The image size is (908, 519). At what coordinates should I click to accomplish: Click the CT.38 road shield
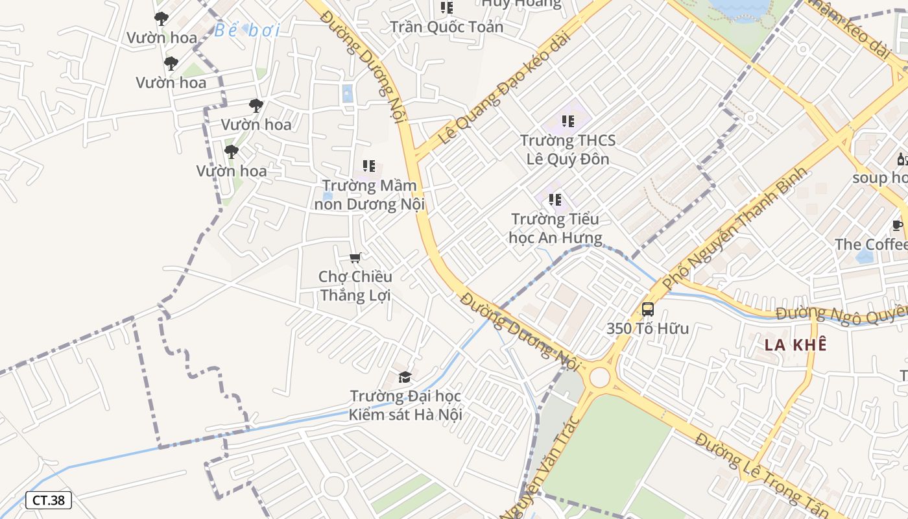click(49, 500)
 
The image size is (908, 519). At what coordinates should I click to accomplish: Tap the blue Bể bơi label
click(246, 30)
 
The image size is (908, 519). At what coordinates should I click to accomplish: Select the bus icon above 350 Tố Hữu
click(647, 309)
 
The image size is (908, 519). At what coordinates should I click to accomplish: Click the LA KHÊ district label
click(795, 344)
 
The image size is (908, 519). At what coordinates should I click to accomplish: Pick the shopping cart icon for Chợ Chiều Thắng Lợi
click(355, 258)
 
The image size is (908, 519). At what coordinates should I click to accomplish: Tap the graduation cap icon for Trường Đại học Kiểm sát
click(405, 377)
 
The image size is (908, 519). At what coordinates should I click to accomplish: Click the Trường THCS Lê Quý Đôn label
click(567, 149)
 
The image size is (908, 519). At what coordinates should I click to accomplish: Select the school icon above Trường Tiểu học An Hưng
click(555, 200)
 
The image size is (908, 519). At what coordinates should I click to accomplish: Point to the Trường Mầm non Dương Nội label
click(369, 195)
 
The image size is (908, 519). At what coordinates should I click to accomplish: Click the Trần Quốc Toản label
click(446, 27)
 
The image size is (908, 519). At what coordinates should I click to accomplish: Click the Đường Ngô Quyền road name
click(841, 313)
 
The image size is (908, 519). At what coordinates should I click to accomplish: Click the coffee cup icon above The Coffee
click(897, 226)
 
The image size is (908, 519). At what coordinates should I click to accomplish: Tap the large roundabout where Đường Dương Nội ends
click(600, 377)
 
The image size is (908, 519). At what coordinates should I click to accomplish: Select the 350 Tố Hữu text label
click(647, 328)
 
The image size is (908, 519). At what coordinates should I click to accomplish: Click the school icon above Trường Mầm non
click(368, 166)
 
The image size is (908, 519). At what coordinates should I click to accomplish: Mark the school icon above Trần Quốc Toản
click(446, 8)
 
